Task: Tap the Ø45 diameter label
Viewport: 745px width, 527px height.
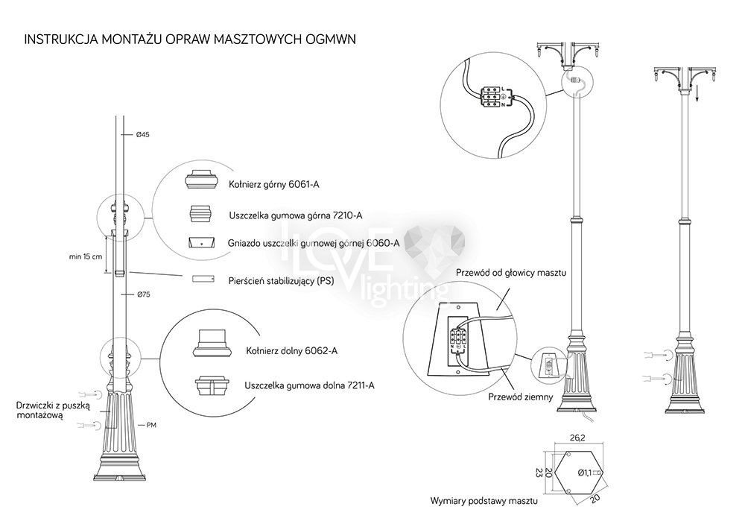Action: click(143, 135)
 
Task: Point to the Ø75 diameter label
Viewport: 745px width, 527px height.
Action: click(143, 295)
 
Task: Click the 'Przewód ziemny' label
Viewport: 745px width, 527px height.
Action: click(520, 397)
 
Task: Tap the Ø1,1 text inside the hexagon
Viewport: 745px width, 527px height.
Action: click(585, 473)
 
